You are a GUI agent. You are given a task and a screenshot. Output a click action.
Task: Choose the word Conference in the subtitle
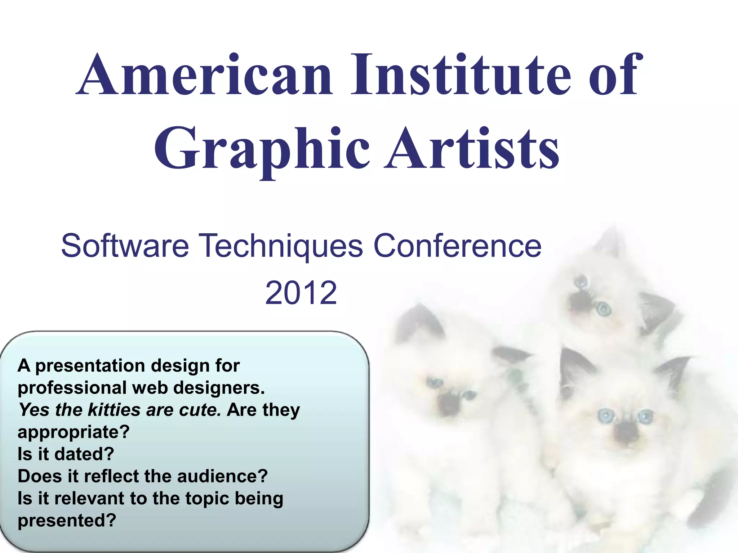click(457, 246)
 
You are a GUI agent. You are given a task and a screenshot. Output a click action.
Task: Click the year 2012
click(301, 292)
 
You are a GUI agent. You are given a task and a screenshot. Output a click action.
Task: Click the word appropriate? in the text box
click(74, 432)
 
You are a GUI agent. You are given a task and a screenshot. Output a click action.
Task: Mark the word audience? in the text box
click(222, 476)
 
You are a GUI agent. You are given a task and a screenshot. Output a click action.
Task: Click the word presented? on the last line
click(67, 521)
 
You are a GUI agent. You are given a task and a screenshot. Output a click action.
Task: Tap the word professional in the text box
click(72, 388)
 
